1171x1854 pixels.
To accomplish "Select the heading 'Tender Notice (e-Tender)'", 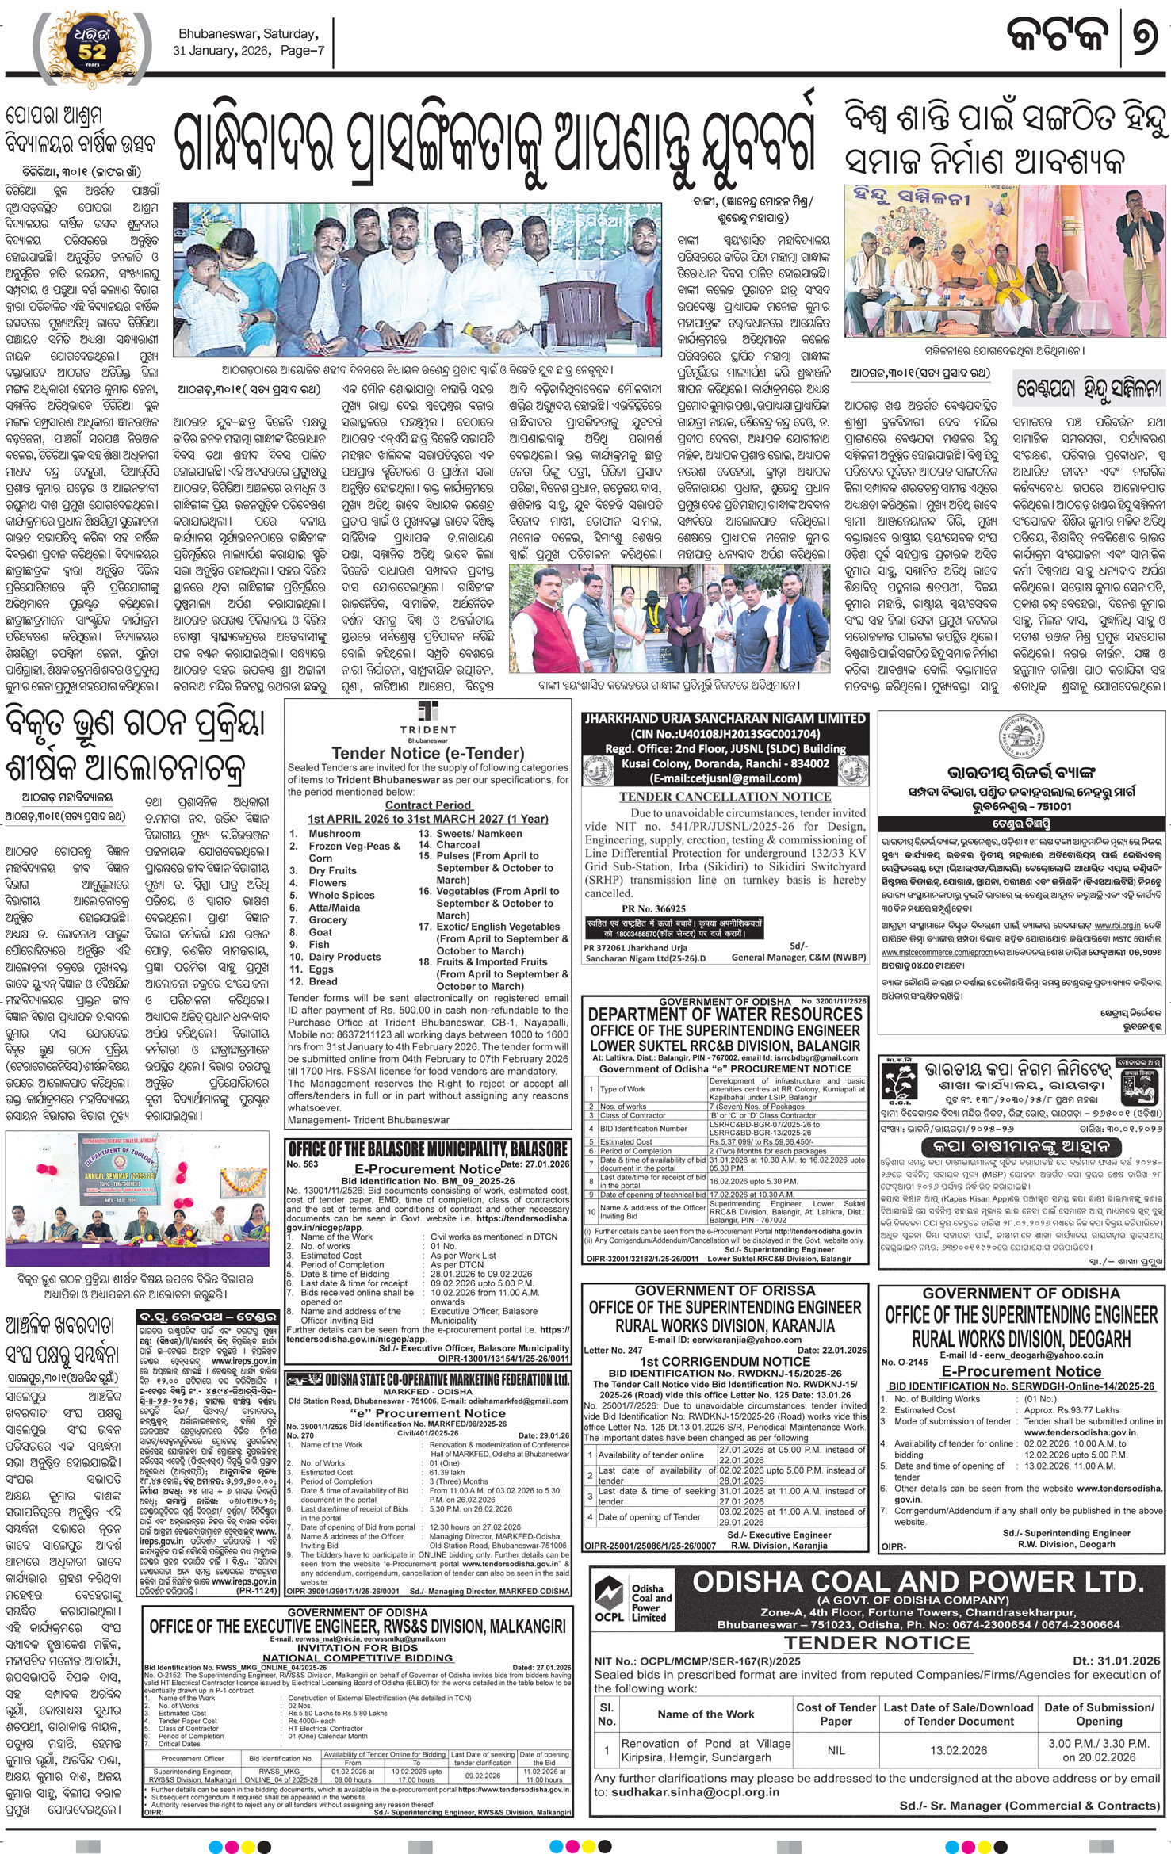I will click(x=428, y=753).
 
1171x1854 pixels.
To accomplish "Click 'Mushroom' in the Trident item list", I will click(x=335, y=834).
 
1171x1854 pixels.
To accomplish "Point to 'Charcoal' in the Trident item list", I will click(x=459, y=845).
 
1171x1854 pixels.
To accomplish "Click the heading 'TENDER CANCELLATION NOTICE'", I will click(x=725, y=797).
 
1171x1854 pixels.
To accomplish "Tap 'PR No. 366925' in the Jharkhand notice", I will click(x=654, y=908).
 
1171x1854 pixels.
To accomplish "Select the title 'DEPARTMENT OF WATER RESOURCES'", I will click(x=725, y=1014).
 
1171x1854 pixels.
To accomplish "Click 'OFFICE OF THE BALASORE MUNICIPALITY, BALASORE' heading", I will click(x=427, y=1149).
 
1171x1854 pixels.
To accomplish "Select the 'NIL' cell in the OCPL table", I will click(x=836, y=1750).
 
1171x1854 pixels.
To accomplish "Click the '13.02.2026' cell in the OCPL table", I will click(x=959, y=1750).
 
